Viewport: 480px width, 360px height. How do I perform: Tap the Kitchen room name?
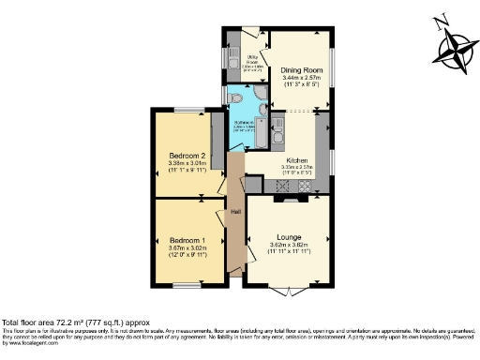click(x=299, y=160)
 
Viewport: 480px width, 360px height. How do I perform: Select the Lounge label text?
click(x=288, y=237)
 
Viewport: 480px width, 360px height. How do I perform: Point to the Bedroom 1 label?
click(x=187, y=239)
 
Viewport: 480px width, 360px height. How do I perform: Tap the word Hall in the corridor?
click(x=236, y=212)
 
